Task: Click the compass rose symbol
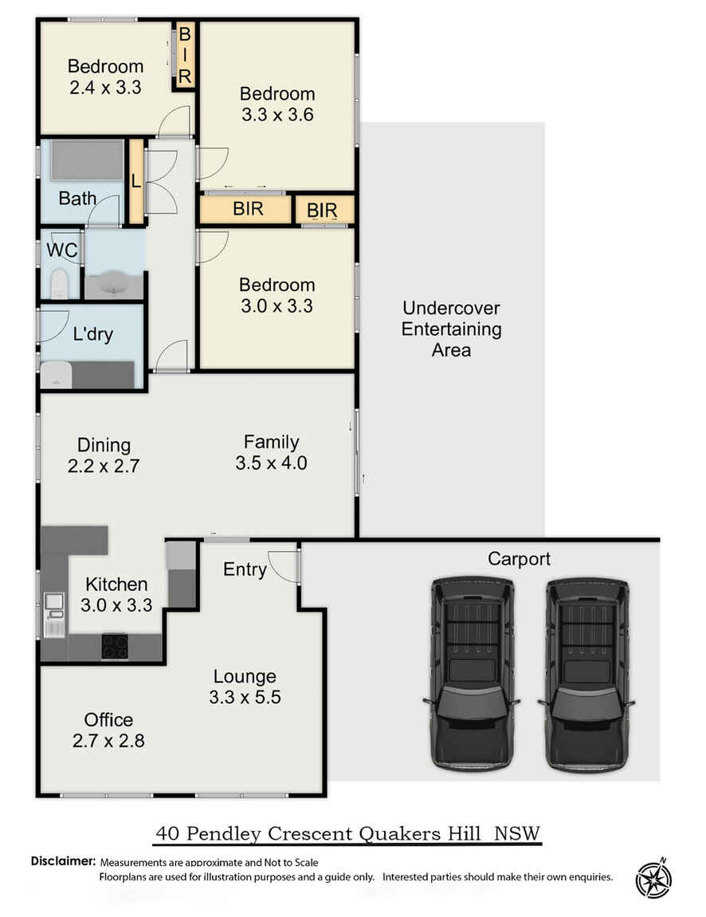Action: [653, 879]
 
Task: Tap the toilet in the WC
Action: [59, 283]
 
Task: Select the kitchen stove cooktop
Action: [115, 646]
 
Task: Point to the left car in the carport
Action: [471, 674]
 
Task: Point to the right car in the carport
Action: [586, 674]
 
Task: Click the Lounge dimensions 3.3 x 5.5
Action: [245, 697]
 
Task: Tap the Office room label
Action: [108, 719]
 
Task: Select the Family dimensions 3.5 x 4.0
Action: [271, 463]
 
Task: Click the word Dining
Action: [104, 445]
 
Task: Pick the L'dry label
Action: [93, 335]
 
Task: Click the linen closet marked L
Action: [136, 181]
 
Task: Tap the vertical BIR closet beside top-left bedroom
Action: [185, 55]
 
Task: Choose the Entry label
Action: [245, 569]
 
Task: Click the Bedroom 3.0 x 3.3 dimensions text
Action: [277, 306]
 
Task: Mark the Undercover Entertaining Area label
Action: [451, 329]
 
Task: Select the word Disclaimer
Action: [63, 861]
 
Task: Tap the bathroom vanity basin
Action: [115, 285]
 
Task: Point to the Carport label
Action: [519, 559]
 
